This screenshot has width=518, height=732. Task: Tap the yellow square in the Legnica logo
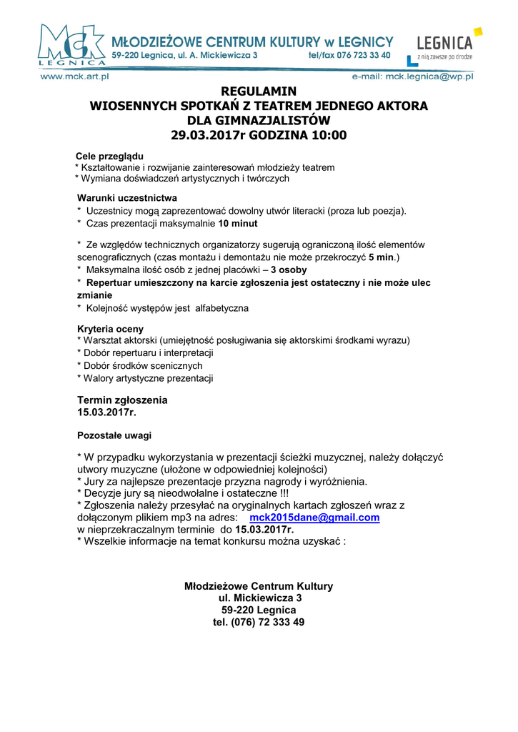[477, 31]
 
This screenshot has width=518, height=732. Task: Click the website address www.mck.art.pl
[73, 75]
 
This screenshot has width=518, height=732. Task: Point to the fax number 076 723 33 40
[364, 55]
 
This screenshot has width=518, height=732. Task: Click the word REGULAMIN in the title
[259, 91]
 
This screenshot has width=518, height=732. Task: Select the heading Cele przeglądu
[109, 156]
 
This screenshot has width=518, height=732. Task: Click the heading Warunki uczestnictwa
[127, 198]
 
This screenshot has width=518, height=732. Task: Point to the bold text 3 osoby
[289, 269]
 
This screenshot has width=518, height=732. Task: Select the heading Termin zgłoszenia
[122, 400]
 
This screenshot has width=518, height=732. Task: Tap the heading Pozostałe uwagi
[114, 435]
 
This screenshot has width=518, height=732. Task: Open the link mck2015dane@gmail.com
[314, 518]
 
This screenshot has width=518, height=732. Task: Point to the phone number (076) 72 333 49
[259, 622]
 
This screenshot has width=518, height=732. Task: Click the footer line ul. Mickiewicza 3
[259, 598]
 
